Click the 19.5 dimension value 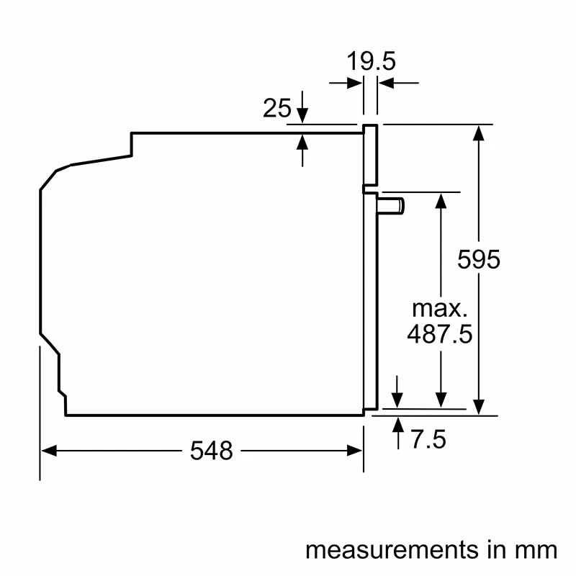click(x=372, y=62)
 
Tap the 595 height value click(x=479, y=259)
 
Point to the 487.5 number click(x=439, y=335)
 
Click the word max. click(x=439, y=309)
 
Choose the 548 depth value click(x=212, y=451)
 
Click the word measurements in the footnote click(x=384, y=550)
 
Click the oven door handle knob click(x=393, y=207)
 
